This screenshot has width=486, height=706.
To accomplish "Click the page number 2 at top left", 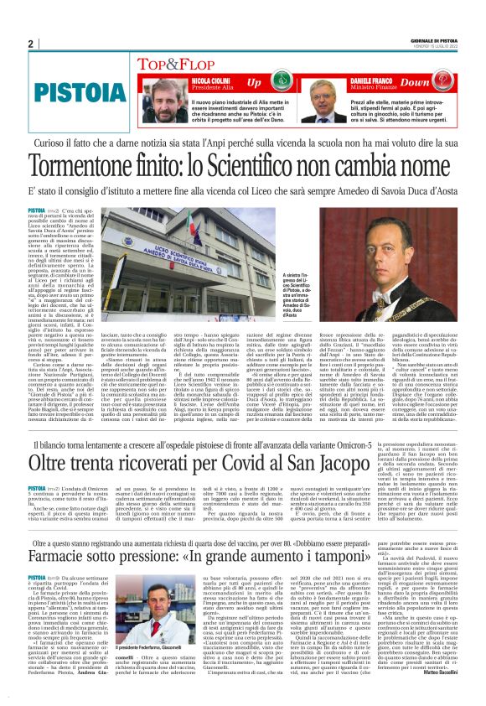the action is (x=30, y=44).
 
